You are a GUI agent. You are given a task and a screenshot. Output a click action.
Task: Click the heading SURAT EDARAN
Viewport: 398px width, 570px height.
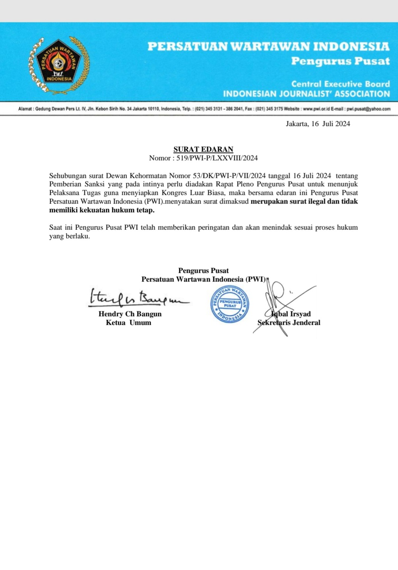203,149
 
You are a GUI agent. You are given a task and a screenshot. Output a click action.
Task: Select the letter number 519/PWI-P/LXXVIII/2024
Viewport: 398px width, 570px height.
217,158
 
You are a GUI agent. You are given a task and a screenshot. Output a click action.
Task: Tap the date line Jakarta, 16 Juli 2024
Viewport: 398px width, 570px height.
318,124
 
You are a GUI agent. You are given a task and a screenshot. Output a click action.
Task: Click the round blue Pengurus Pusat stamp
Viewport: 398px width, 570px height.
230,304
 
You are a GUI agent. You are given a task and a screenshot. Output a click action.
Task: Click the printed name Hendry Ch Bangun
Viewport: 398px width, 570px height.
130,314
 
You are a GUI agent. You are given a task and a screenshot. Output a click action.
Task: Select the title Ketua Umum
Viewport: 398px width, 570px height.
129,322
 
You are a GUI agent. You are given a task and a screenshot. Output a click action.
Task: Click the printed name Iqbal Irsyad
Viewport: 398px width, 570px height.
291,314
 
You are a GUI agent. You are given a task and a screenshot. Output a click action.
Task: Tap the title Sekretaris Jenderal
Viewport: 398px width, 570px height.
289,322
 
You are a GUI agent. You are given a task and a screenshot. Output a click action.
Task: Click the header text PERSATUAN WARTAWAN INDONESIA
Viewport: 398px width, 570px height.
268,47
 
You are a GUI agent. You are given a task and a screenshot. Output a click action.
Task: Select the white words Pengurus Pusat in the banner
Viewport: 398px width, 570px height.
340,61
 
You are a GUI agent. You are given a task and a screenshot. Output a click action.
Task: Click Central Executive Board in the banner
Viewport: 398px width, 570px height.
340,84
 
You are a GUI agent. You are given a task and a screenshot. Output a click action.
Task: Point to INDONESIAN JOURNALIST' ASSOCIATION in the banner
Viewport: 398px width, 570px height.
306,94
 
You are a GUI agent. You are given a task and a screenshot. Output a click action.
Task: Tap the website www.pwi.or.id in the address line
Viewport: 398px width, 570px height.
316,109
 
